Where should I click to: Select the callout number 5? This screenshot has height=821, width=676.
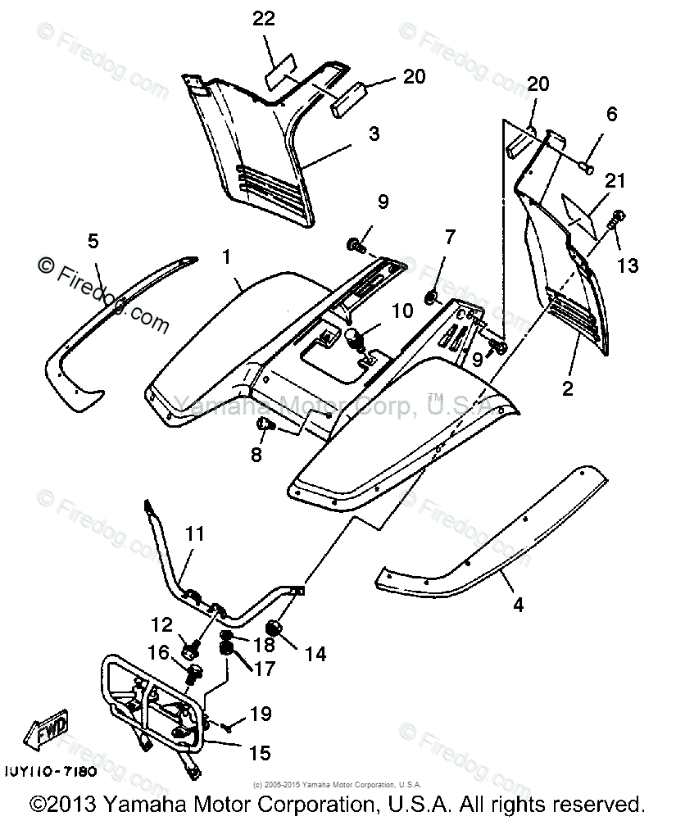click(93, 240)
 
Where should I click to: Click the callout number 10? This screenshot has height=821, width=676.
click(402, 311)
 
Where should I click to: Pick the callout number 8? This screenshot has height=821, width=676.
click(256, 454)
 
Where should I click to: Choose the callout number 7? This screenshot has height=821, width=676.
click(448, 238)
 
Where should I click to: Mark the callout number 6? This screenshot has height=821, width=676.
click(611, 116)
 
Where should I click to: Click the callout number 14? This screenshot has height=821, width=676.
click(315, 653)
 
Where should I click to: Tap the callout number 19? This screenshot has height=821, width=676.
click(260, 714)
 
